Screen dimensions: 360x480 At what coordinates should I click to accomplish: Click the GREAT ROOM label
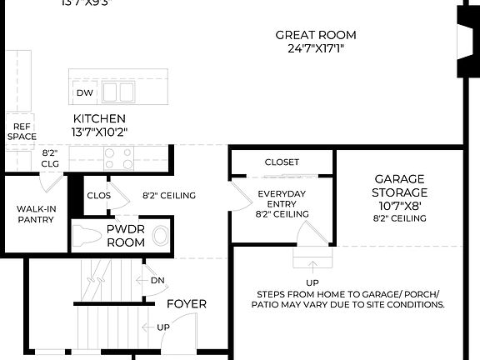tap(316, 35)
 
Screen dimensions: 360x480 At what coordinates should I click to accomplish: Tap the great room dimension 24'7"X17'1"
tap(316, 48)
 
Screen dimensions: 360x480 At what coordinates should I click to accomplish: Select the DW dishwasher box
tap(84, 92)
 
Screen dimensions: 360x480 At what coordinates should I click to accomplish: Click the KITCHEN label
tap(99, 119)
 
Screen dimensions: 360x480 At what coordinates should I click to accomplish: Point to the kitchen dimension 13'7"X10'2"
tap(99, 132)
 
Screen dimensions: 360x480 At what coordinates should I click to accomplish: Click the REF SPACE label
tap(21, 131)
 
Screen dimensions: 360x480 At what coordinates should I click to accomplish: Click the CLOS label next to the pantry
tap(98, 196)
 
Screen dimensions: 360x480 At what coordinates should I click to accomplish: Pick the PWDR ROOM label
tap(126, 235)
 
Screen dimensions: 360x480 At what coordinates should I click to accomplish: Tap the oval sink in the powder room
tap(160, 236)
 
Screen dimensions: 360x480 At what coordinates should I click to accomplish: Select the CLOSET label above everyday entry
tap(282, 162)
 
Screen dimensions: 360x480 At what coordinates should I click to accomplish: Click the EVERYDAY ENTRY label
tap(282, 198)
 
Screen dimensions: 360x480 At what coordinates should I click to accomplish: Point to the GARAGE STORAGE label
tap(399, 185)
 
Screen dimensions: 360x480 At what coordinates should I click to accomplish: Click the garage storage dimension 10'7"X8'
tap(399, 205)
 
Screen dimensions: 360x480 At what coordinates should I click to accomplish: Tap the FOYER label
tap(187, 304)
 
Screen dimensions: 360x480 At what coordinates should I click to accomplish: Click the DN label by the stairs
tap(157, 281)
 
